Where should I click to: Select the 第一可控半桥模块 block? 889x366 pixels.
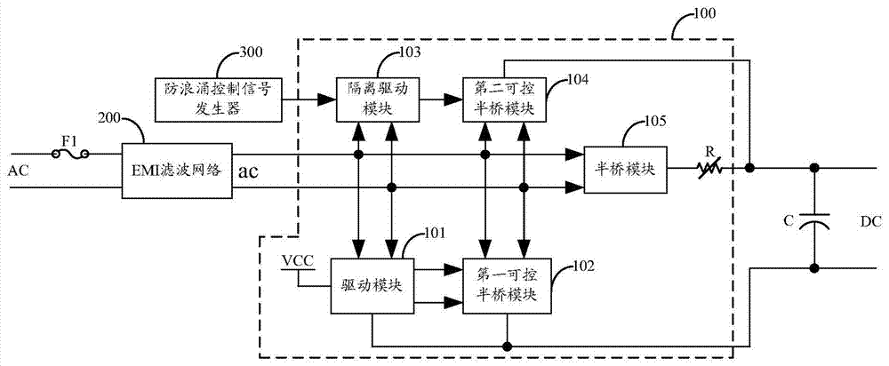(x=502, y=286)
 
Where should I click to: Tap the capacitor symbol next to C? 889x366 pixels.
(x=813, y=224)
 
